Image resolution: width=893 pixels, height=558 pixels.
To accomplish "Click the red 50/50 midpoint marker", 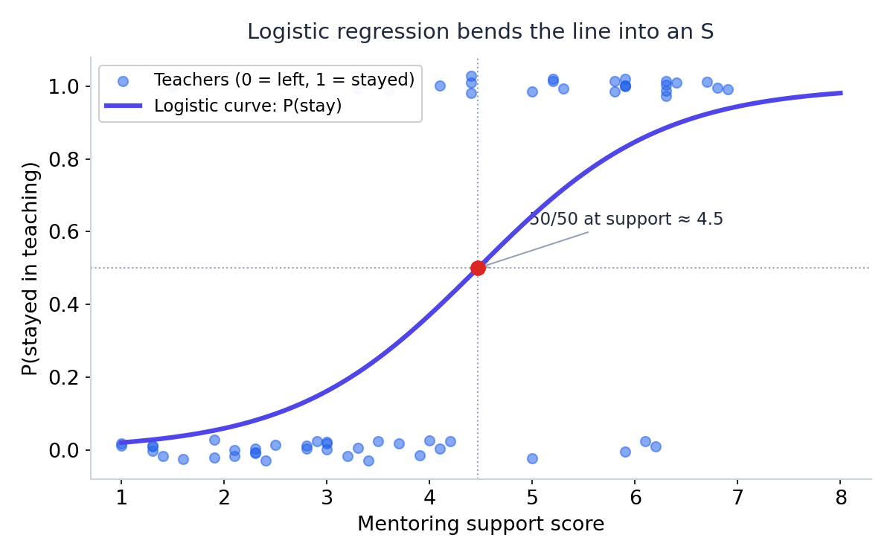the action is (x=478, y=268).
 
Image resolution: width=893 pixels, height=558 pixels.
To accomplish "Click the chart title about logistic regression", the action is (x=481, y=31).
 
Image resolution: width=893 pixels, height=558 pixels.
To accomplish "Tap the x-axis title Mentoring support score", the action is (x=481, y=523).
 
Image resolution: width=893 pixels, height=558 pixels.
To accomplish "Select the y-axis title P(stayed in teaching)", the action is (x=30, y=269).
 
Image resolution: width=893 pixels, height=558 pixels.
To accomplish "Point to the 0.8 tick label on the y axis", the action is (x=64, y=159).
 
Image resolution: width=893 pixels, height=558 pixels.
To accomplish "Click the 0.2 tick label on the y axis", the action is (x=64, y=377).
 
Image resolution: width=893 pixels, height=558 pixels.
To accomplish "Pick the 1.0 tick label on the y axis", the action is (x=64, y=86).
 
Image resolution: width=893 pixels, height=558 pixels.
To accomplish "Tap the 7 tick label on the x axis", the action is (x=738, y=498).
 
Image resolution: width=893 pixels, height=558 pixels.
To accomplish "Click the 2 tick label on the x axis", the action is (x=224, y=498).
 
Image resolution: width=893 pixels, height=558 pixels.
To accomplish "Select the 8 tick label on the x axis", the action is (x=841, y=498).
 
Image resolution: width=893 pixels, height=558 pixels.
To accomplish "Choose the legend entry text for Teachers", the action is (x=284, y=80).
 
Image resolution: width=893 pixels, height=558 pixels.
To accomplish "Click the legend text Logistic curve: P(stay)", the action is (x=248, y=106).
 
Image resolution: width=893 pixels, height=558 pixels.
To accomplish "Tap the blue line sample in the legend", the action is (x=124, y=106).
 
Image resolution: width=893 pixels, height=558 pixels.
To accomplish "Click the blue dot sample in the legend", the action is (x=124, y=81).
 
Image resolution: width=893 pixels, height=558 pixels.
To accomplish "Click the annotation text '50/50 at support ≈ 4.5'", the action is (x=626, y=219).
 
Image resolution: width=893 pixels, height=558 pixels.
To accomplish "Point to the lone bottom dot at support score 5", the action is (x=532, y=458).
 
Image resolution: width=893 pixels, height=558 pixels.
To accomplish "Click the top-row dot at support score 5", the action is (x=532, y=92).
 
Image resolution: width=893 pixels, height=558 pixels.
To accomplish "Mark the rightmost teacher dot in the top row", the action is (x=728, y=89).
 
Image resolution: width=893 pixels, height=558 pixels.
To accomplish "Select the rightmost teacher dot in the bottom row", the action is (x=656, y=446).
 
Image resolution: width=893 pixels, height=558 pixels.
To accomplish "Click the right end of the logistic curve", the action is (x=842, y=93).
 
